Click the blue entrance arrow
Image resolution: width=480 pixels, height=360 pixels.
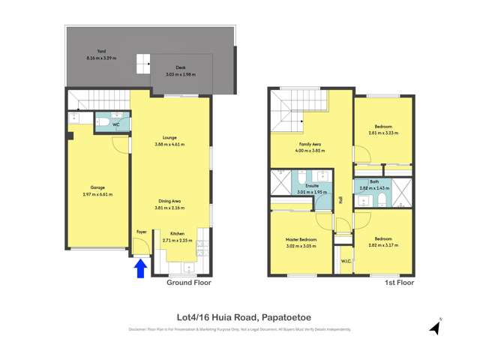139,268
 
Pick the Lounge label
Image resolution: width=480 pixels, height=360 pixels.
169,138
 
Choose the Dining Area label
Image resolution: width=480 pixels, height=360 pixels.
169,200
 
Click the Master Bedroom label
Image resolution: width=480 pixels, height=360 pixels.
300,238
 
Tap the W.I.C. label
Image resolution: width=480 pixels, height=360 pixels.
346,261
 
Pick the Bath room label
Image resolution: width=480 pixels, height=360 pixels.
373,181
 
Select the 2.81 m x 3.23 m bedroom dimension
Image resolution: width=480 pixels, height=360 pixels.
383,133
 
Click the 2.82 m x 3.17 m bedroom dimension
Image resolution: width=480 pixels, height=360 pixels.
382,244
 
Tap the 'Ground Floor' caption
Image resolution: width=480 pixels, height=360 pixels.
188,283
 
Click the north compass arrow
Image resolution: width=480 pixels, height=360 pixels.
434,327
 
